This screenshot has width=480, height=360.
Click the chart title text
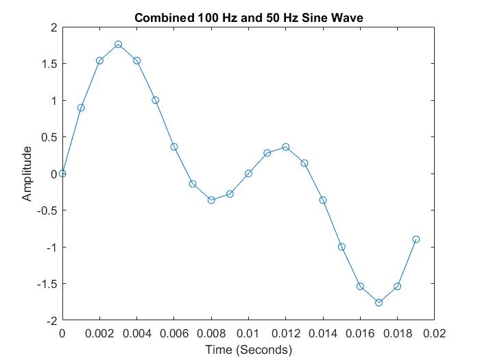(248, 16)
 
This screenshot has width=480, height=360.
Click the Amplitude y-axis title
(27, 173)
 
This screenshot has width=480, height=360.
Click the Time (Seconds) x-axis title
(248, 350)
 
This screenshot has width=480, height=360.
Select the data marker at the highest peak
(118, 44)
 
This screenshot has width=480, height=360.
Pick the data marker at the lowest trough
(379, 302)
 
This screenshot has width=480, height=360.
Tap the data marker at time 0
(62, 173)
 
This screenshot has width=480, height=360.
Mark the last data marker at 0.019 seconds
(416, 239)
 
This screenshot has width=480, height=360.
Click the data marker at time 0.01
(248, 173)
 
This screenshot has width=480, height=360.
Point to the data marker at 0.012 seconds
(285, 147)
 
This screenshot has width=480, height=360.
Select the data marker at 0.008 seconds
(211, 200)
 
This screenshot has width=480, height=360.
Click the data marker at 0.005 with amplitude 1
(156, 100)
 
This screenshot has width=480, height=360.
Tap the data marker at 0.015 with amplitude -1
(341, 247)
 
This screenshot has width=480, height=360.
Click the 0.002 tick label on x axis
(99, 334)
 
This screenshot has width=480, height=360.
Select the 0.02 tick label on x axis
(434, 334)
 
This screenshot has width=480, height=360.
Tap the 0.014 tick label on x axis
(322, 334)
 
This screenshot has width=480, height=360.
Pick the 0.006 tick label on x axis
(173, 334)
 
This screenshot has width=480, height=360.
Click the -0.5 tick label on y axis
(47, 211)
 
